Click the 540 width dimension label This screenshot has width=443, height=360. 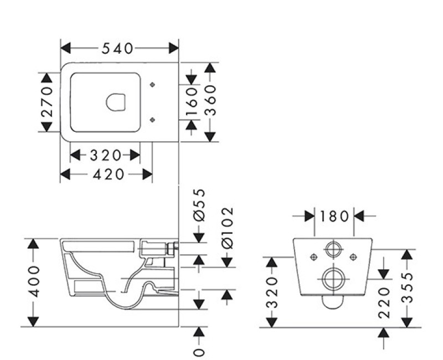[x=117, y=48]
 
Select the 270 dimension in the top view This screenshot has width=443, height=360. [x=47, y=102]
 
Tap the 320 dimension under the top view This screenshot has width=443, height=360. [x=105, y=155]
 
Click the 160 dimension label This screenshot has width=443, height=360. [x=192, y=101]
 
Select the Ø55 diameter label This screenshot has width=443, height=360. [x=199, y=205]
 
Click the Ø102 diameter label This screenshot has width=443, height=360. [x=227, y=228]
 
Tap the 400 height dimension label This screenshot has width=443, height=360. [x=34, y=281]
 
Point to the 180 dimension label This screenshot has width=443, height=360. [x=334, y=215]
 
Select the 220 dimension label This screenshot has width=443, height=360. [x=384, y=302]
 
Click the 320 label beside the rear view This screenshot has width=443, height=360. [x=272, y=292]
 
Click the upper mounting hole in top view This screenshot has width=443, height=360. [x=153, y=85]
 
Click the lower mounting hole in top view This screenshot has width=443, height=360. [x=153, y=119]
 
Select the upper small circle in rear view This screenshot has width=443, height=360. [x=333, y=249]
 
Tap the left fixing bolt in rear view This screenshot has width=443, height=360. [x=314, y=256]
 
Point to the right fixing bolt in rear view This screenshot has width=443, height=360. [x=353, y=256]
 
